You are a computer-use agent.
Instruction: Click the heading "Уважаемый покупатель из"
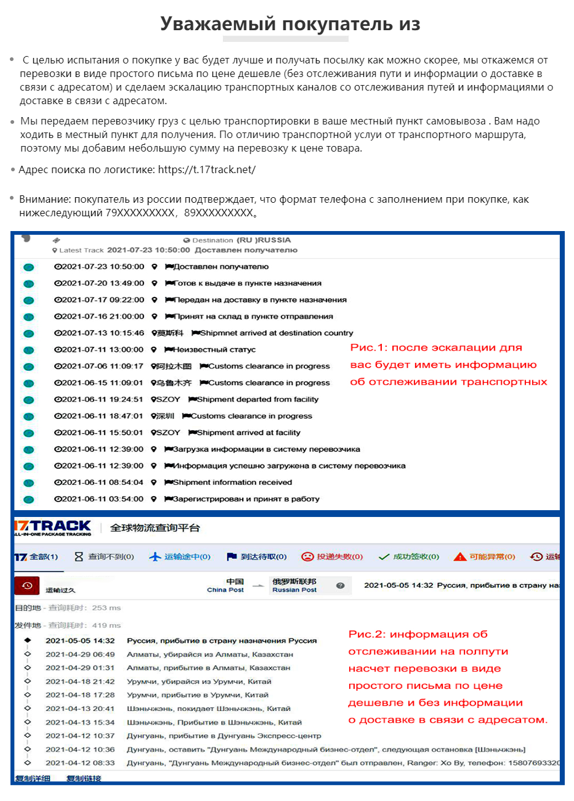(290, 24)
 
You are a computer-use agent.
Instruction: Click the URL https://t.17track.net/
(206, 169)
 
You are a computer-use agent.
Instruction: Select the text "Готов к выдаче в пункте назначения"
(248, 283)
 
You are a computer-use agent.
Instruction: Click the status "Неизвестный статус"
(214, 349)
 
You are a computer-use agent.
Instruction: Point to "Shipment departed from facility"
(257, 399)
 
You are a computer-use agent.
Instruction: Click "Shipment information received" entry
(232, 482)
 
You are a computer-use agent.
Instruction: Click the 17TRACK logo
(53, 527)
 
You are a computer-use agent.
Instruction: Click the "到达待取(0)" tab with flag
(257, 557)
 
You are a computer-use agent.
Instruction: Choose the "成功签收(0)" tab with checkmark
(409, 557)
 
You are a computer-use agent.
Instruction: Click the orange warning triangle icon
(459, 557)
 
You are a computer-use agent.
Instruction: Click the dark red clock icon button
(27, 586)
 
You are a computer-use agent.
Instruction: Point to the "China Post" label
(225, 590)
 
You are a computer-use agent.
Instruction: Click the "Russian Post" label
(294, 590)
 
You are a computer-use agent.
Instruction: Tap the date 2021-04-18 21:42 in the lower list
(80, 681)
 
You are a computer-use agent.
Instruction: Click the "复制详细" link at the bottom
(33, 778)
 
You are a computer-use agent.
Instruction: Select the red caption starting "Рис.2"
(448, 677)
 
